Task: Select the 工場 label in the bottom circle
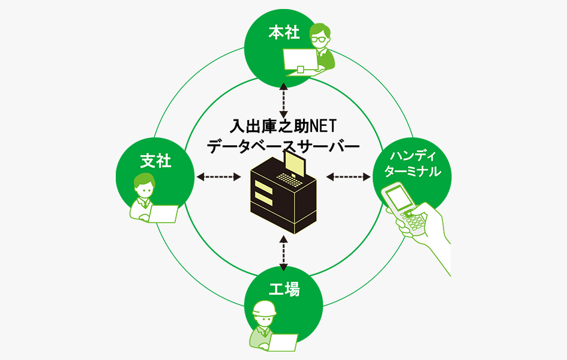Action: (x=284, y=290)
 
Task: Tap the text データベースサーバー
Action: (x=283, y=146)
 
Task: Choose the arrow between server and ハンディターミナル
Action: (x=349, y=176)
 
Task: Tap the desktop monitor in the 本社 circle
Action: (x=301, y=59)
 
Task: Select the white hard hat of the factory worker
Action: (x=264, y=308)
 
